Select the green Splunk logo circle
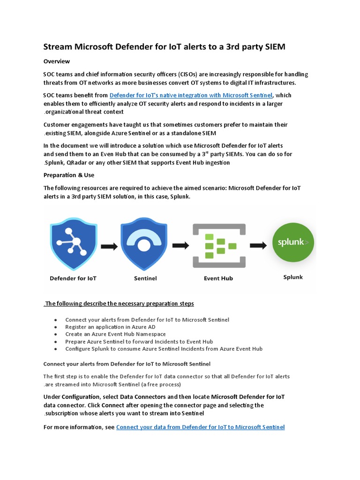293,243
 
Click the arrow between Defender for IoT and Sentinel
110,246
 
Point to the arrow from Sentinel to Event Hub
180,245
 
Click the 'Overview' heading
57,61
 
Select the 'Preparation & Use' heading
69,175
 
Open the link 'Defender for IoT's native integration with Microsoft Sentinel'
191,95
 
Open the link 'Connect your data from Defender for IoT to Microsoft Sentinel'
200,427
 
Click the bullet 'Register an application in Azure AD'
110,327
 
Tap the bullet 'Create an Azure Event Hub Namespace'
115,334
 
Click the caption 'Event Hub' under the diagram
218,278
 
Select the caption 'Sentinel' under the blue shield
145,278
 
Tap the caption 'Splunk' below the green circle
293,277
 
